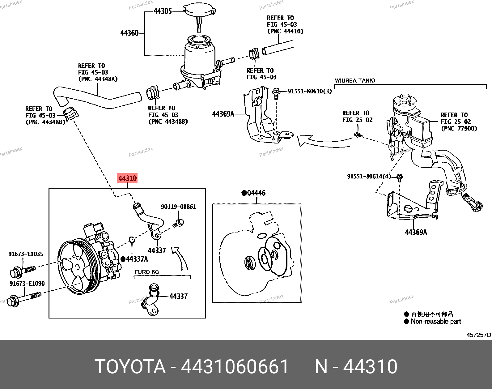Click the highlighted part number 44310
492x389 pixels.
127,178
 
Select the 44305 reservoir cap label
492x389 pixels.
163,11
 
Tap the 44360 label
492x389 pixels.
129,33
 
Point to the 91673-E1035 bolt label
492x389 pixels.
26,254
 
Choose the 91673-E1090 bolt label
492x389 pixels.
27,284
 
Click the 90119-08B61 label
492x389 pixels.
178,207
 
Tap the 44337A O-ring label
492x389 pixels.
137,259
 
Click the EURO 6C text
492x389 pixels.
146,272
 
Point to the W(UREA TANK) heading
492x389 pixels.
355,81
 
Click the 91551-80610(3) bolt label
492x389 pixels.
309,91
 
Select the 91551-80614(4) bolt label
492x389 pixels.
369,177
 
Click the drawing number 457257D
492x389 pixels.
478,335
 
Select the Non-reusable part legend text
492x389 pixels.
436,322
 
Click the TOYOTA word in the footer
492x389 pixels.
130,367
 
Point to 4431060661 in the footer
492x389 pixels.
235,367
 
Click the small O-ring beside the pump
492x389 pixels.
132,239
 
